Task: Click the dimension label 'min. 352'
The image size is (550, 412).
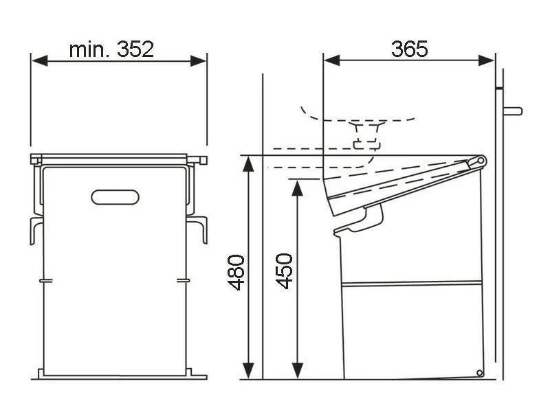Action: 111,49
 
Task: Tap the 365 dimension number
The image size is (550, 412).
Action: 409,49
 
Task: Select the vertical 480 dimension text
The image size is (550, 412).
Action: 236,272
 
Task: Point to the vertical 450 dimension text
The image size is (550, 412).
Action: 284,271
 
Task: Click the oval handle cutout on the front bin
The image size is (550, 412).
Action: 115,197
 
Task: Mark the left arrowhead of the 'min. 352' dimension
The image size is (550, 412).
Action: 40,60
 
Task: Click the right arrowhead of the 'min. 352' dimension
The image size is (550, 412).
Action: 198,60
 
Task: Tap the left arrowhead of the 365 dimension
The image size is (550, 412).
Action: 332,60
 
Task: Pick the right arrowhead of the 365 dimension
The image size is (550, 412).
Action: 486,60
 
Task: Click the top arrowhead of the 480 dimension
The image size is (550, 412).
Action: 248,163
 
